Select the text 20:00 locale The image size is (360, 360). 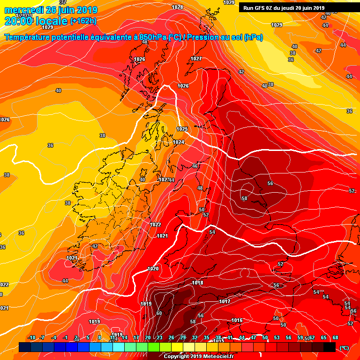[36, 21]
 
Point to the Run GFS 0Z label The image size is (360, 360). [261, 7]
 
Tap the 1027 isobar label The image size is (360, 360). [196, 59]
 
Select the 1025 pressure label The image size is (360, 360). [182, 129]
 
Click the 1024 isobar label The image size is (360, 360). [178, 142]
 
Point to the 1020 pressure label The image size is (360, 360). [153, 269]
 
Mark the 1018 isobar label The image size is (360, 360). [197, 283]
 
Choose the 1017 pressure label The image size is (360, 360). [225, 301]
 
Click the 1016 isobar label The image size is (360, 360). [237, 321]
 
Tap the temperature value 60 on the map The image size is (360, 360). [159, 313]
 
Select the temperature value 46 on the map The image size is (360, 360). [195, 166]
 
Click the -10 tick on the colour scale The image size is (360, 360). [32, 337]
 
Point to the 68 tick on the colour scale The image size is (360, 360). [336, 337]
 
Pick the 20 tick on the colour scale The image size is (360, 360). [148, 337]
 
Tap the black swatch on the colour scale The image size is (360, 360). [330, 347]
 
